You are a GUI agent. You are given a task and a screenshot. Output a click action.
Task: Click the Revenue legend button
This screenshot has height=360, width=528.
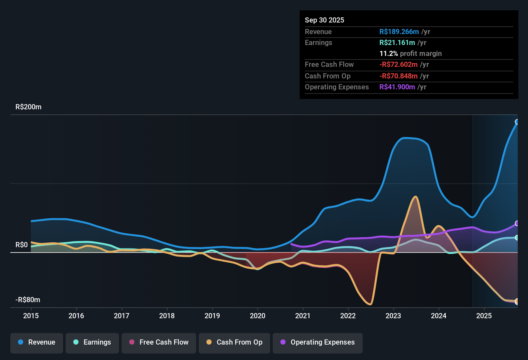coord(37,342)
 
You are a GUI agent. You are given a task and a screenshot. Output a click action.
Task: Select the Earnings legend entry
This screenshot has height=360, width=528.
coord(92,342)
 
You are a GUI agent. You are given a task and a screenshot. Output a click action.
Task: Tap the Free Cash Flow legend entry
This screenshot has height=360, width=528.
coord(159,342)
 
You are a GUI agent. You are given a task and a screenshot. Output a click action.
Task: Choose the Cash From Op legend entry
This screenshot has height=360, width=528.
coord(234,342)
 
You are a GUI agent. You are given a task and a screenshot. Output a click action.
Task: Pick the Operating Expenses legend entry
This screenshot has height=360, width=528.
coord(318,342)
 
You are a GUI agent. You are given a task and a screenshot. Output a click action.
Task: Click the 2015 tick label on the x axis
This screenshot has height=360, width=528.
coord(31,316)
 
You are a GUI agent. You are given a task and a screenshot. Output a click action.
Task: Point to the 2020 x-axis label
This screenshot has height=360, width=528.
coord(258,316)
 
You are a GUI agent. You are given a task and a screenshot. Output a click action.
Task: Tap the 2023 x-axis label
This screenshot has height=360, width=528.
coord(393,316)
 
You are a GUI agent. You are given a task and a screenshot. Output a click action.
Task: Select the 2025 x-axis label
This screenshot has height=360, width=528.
coord(484,316)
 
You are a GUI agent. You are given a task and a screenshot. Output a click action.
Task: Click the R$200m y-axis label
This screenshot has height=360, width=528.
coord(28,107)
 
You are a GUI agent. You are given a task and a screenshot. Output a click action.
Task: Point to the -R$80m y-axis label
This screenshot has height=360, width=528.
coord(28,300)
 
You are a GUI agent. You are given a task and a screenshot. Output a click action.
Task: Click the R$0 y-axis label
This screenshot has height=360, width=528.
coord(22,245)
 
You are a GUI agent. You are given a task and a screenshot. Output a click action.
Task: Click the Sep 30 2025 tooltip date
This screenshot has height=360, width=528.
coord(324,20)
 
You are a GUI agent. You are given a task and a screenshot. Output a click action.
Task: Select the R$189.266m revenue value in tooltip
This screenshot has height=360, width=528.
coord(399,32)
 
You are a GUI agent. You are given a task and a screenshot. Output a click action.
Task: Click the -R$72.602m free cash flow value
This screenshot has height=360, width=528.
coord(398,64)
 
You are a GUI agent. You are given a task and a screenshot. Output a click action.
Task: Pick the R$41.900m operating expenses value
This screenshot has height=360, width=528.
coord(397,87)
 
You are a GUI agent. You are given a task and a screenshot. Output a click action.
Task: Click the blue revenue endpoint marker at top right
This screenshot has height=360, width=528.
coord(517,122)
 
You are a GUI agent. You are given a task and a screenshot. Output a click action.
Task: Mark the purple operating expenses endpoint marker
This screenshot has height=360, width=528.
coord(517,223)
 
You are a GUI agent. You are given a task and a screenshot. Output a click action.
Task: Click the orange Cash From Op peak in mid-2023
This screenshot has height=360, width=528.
coord(416,197)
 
